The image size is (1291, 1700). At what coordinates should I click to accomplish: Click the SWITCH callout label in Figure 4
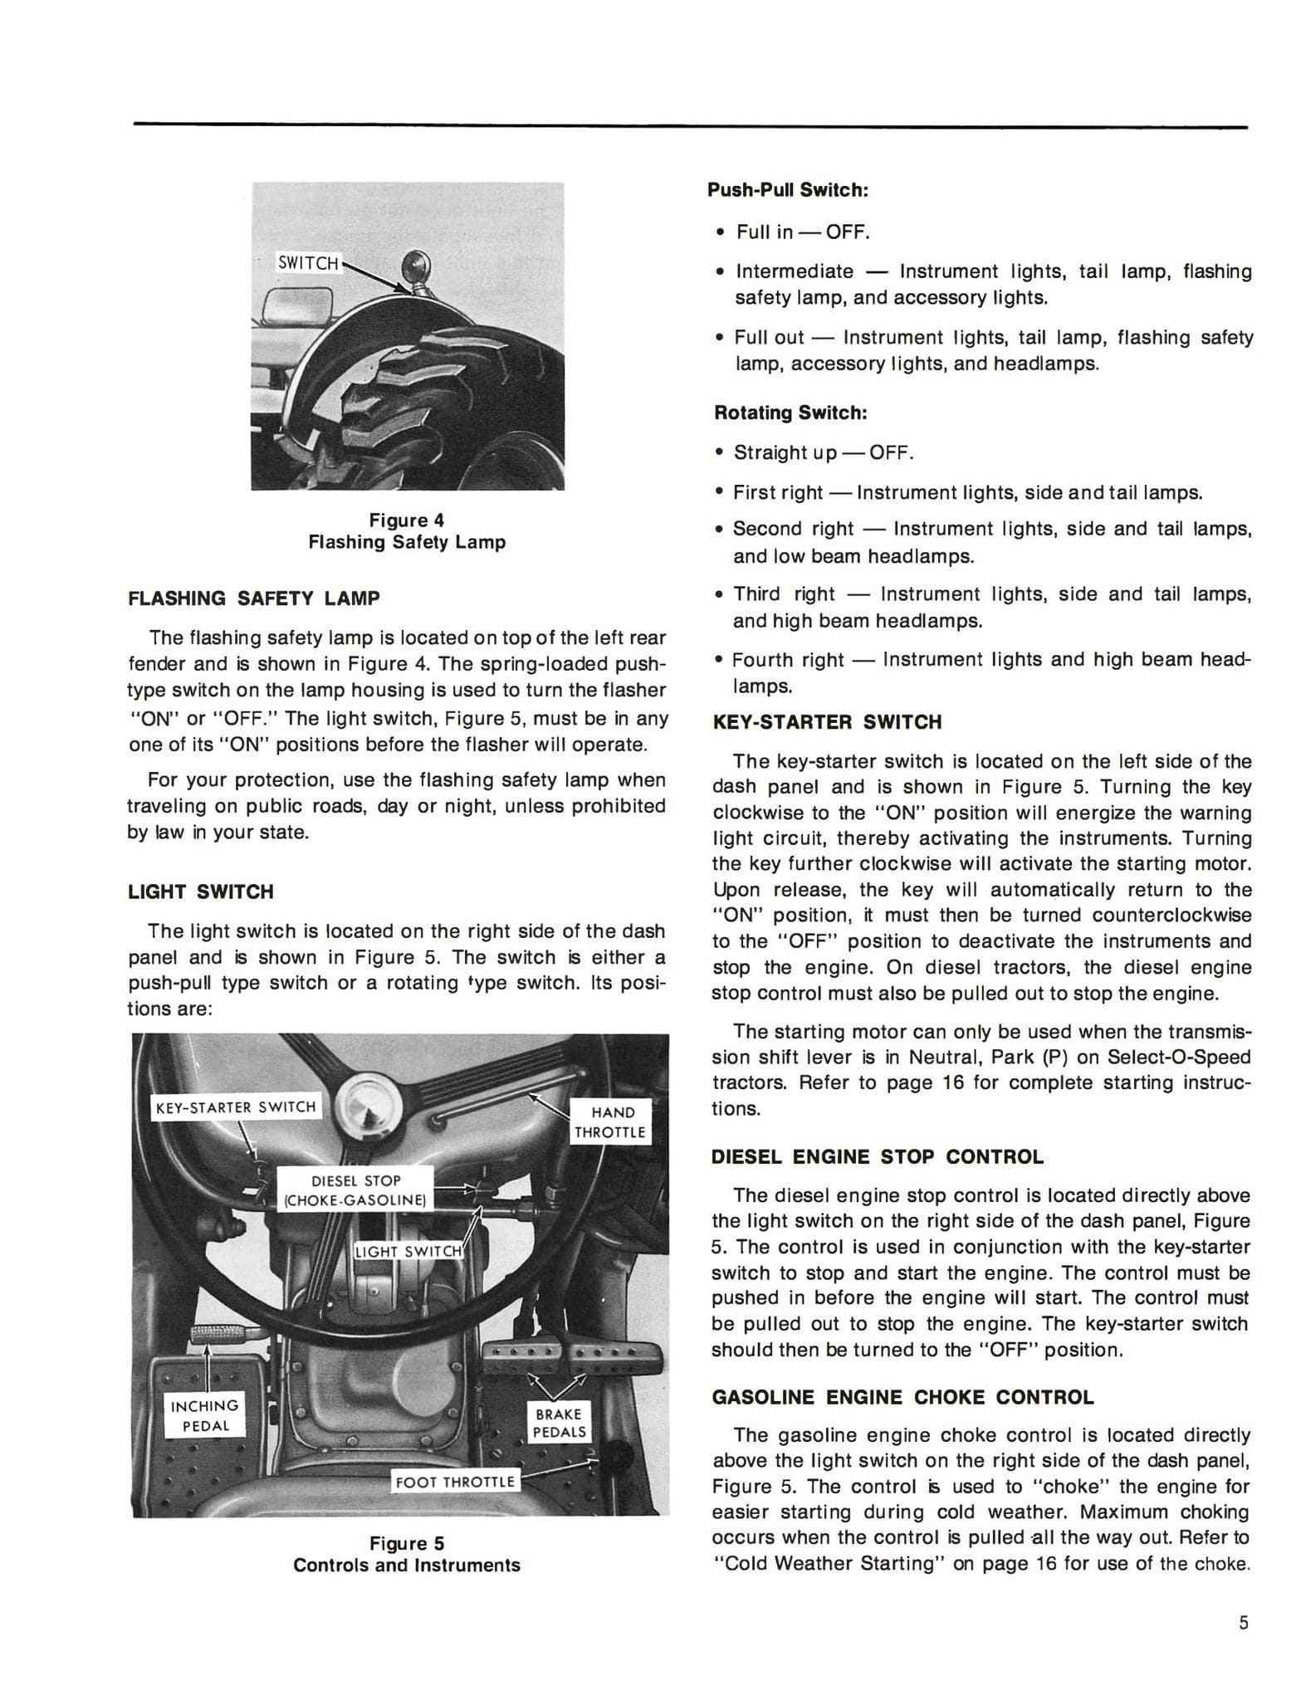click(x=308, y=263)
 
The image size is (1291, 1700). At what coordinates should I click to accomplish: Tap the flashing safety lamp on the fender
click(x=413, y=267)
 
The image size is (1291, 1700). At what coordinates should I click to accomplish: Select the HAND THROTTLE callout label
click(x=613, y=1122)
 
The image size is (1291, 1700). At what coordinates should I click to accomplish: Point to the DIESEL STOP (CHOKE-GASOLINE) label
click(x=355, y=1190)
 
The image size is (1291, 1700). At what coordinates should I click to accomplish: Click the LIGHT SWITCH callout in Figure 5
click(x=408, y=1251)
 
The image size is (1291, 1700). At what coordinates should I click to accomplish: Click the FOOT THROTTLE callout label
click(x=455, y=1482)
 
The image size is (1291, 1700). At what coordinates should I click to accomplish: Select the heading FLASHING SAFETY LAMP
click(x=254, y=598)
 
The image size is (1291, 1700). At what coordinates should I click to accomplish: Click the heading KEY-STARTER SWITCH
click(x=827, y=722)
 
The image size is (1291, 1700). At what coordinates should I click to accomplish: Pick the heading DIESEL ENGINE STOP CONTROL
click(x=878, y=1157)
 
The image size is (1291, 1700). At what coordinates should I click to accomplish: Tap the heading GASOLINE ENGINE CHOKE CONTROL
click(x=903, y=1397)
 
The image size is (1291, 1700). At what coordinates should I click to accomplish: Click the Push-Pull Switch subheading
click(x=787, y=190)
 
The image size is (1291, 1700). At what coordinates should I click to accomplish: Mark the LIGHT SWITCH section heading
click(x=200, y=892)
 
